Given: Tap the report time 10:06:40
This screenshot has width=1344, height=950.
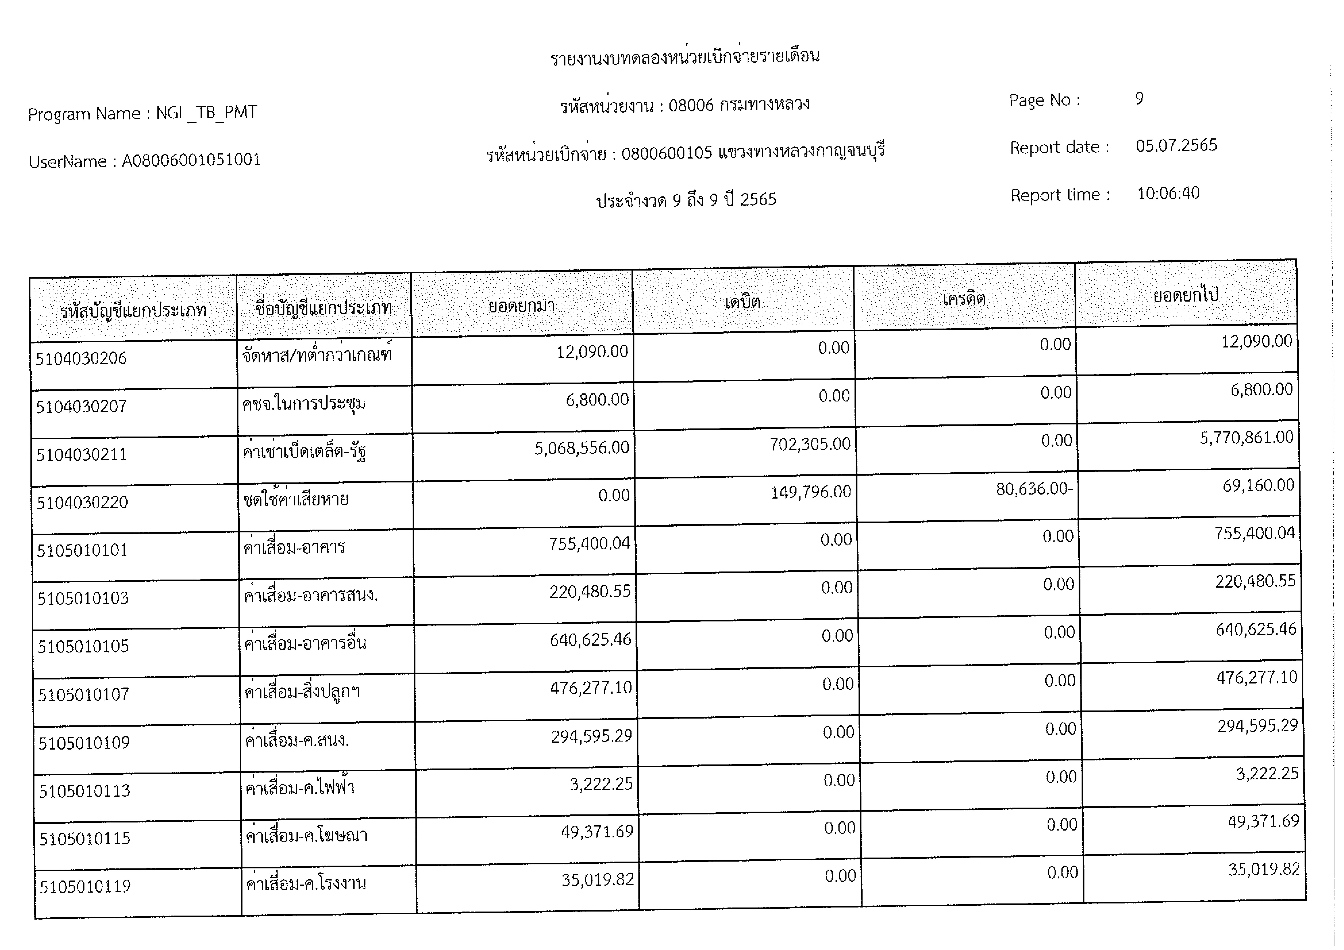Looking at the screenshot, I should pyautogui.click(x=1168, y=193).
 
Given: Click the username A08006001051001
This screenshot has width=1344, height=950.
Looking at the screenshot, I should pyautogui.click(x=191, y=160).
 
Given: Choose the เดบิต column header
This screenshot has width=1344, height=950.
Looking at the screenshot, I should pyautogui.click(x=742, y=302).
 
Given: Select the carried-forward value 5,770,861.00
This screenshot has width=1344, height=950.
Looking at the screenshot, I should pyautogui.click(x=1246, y=437).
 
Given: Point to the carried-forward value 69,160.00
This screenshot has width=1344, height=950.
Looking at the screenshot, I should pyautogui.click(x=1258, y=485).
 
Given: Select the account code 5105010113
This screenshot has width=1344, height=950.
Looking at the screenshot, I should pyautogui.click(x=84, y=791).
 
